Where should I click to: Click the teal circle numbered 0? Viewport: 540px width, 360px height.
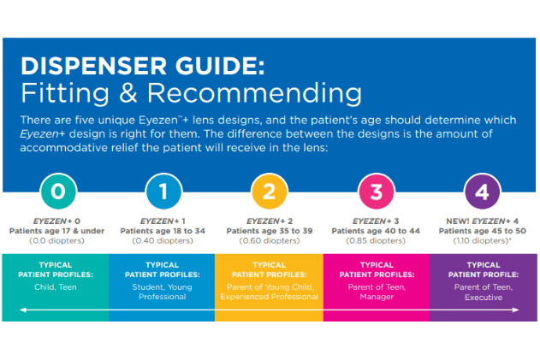click(x=58, y=192)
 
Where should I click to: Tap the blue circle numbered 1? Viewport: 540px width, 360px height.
click(x=163, y=192)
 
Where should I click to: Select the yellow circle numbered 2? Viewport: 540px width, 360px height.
click(x=270, y=192)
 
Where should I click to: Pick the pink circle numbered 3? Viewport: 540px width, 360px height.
click(x=376, y=192)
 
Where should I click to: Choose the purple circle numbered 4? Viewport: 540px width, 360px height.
click(x=482, y=192)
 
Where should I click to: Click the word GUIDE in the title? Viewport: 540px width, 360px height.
click(x=220, y=66)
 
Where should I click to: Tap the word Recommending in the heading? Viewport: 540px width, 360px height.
click(x=254, y=93)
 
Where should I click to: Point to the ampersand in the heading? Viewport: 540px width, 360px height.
click(x=128, y=92)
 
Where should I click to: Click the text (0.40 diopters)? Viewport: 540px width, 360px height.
click(x=163, y=241)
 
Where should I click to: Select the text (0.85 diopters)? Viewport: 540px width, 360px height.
click(x=376, y=241)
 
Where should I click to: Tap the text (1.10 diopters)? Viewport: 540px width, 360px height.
click(x=481, y=241)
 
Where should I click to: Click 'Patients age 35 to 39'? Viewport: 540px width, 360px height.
click(x=270, y=231)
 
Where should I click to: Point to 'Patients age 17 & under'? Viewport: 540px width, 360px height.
click(x=56, y=231)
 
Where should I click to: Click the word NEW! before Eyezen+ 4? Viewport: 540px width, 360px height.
click(x=458, y=221)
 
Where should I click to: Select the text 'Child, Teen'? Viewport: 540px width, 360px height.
click(x=56, y=287)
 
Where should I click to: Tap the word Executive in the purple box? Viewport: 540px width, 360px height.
click(x=484, y=298)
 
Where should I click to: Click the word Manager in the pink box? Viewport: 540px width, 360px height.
click(x=377, y=297)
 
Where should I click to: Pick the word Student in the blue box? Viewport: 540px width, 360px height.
click(x=147, y=287)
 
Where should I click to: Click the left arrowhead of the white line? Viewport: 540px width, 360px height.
click(x=22, y=310)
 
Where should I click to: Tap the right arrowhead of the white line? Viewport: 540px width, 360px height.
click(x=516, y=310)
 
